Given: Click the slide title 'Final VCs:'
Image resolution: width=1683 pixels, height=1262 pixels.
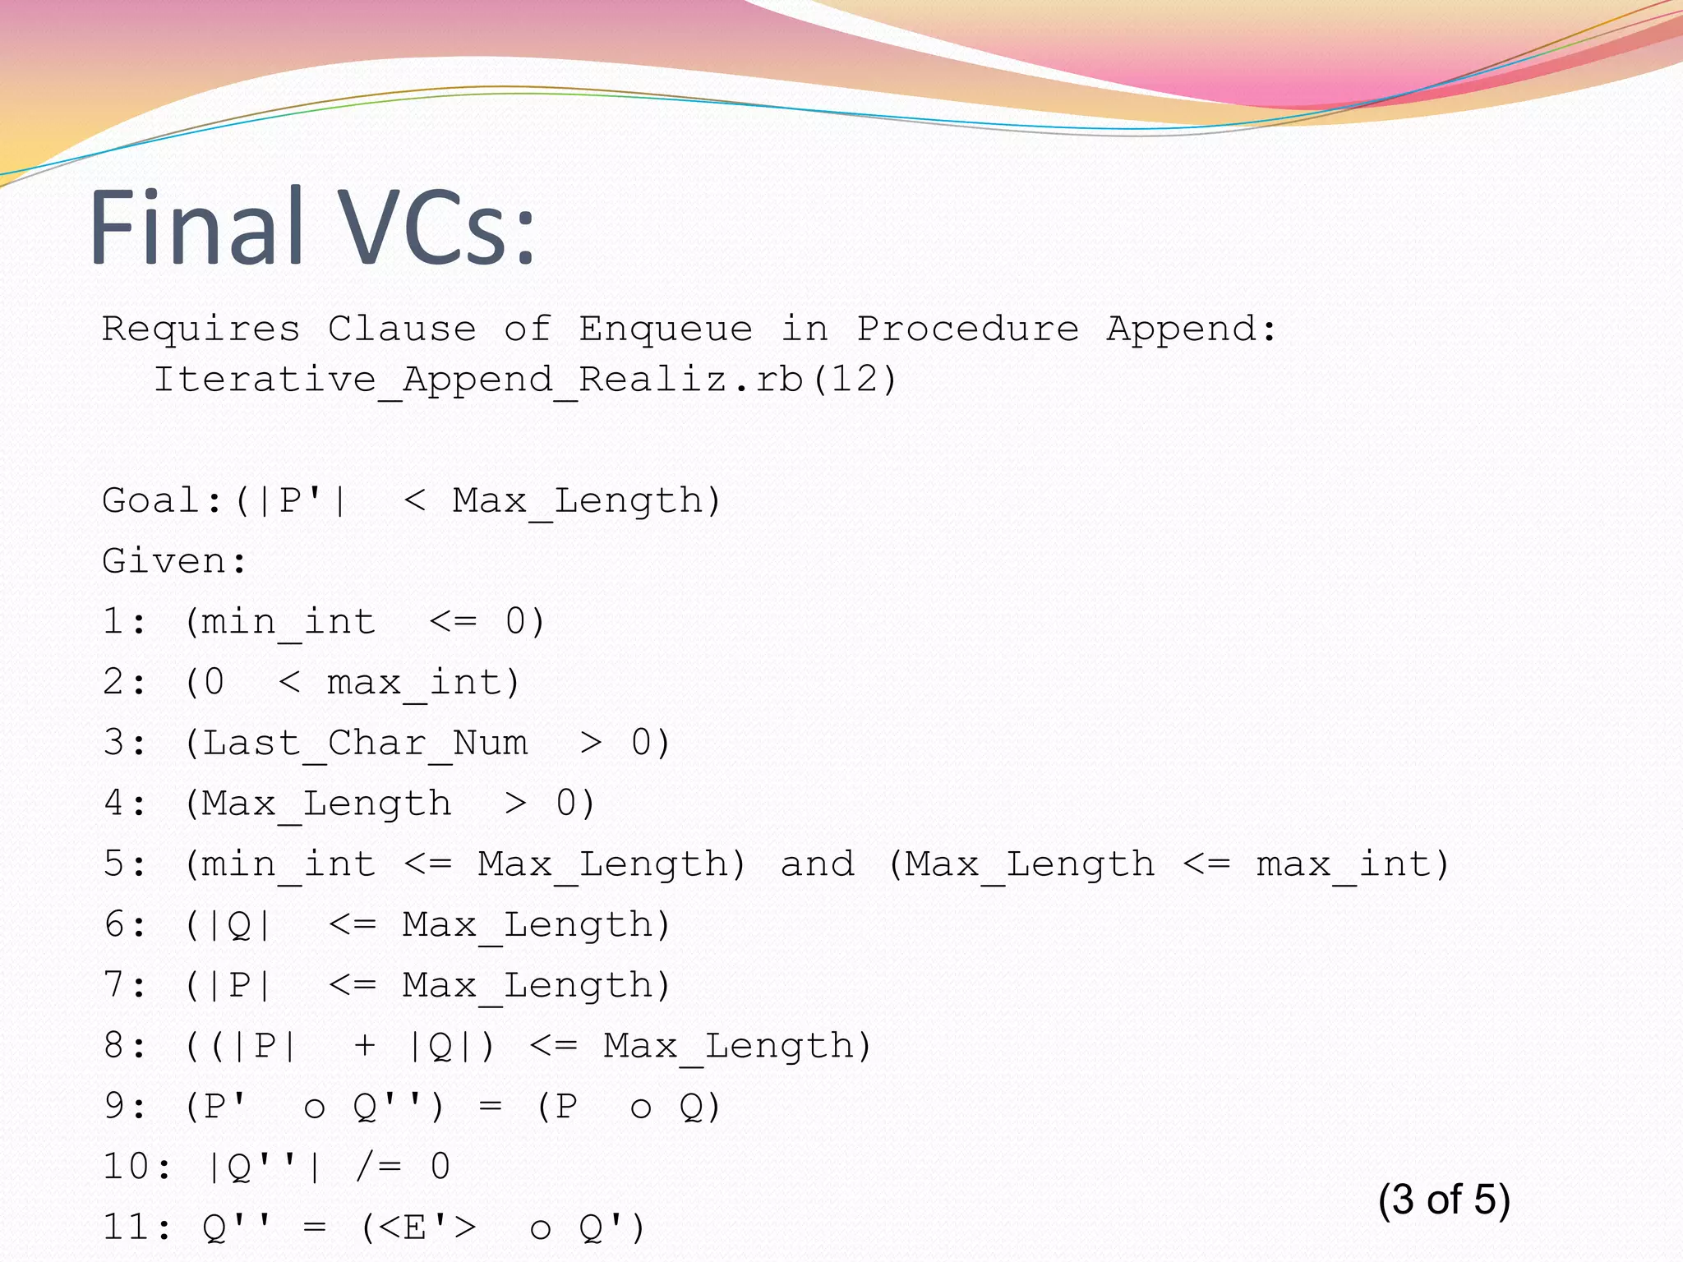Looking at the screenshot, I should click(x=312, y=228).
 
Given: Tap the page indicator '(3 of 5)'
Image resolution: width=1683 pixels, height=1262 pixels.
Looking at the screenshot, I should click(x=1444, y=1200).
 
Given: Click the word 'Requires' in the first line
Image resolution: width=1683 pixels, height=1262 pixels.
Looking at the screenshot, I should click(x=201, y=329).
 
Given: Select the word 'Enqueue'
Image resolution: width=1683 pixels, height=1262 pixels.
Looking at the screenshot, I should click(x=665, y=329).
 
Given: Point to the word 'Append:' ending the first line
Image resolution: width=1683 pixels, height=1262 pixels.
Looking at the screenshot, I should click(x=1191, y=329).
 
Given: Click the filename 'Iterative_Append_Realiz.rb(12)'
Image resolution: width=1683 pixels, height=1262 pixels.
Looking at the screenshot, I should click(x=525, y=380).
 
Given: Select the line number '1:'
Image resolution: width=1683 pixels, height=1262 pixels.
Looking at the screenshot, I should click(x=124, y=622).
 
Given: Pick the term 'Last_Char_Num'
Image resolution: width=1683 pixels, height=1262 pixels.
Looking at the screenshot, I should click(x=365, y=744).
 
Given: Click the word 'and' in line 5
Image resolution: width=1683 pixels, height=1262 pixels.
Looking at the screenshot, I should click(x=817, y=864).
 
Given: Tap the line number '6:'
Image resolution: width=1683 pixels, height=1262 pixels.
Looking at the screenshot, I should click(x=124, y=925).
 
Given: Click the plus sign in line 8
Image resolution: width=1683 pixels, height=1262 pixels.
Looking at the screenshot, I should click(x=364, y=1046).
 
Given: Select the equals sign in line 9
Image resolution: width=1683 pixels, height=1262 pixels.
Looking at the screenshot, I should click(x=490, y=1107).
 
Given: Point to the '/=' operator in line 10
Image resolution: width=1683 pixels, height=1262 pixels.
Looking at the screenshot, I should click(x=379, y=1167).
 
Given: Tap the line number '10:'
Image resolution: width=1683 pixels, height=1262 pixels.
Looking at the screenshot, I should click(x=136, y=1167).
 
